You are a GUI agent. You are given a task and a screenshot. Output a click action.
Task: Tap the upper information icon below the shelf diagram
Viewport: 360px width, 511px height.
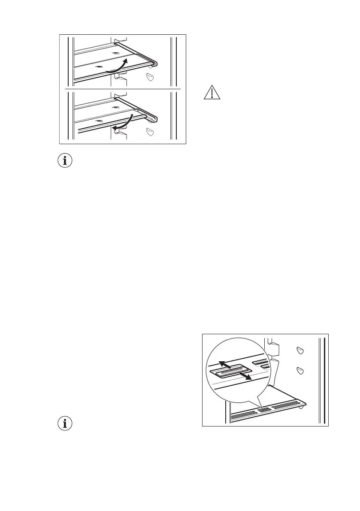(65, 161)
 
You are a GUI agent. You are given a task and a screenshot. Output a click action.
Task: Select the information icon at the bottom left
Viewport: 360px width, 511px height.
(65, 423)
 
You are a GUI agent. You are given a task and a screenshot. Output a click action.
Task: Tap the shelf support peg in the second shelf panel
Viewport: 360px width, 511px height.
(150, 132)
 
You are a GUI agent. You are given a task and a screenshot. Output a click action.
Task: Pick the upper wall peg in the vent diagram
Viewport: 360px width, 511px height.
(300, 351)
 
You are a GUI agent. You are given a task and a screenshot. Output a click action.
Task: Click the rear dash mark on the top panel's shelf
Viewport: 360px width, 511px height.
(115, 53)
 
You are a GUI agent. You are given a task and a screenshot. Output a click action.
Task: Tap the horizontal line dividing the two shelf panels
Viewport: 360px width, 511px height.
(122, 89)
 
